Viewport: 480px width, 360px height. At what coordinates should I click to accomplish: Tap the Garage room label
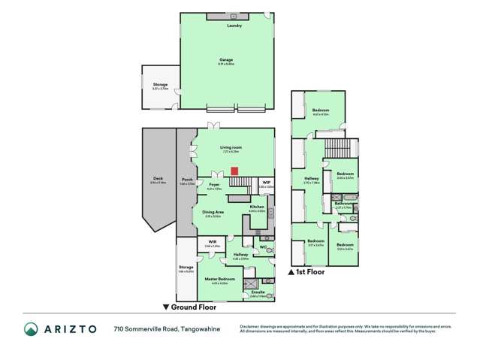[x=225, y=59]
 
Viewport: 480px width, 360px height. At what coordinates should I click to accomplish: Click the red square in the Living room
[x=234, y=170]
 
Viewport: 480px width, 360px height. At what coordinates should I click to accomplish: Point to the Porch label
[x=187, y=180]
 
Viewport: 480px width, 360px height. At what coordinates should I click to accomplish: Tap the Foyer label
[x=214, y=183]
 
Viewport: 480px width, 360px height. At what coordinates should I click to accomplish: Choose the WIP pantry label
[x=267, y=182]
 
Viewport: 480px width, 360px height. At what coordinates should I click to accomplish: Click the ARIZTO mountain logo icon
[x=30, y=328]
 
